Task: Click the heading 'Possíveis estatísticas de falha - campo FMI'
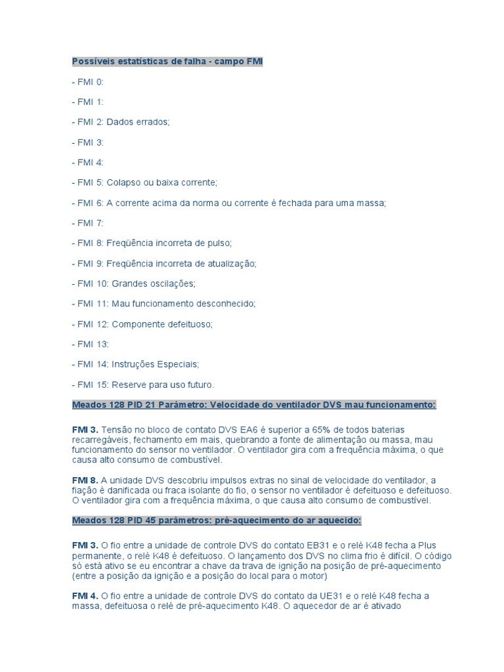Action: point(167,62)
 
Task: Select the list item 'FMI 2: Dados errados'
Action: point(121,122)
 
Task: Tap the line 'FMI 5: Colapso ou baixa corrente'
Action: point(144,182)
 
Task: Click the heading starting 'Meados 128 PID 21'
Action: point(253,405)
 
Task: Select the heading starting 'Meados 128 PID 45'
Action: point(217,520)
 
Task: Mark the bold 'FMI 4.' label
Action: point(85,596)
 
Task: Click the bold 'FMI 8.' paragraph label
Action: point(85,480)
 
